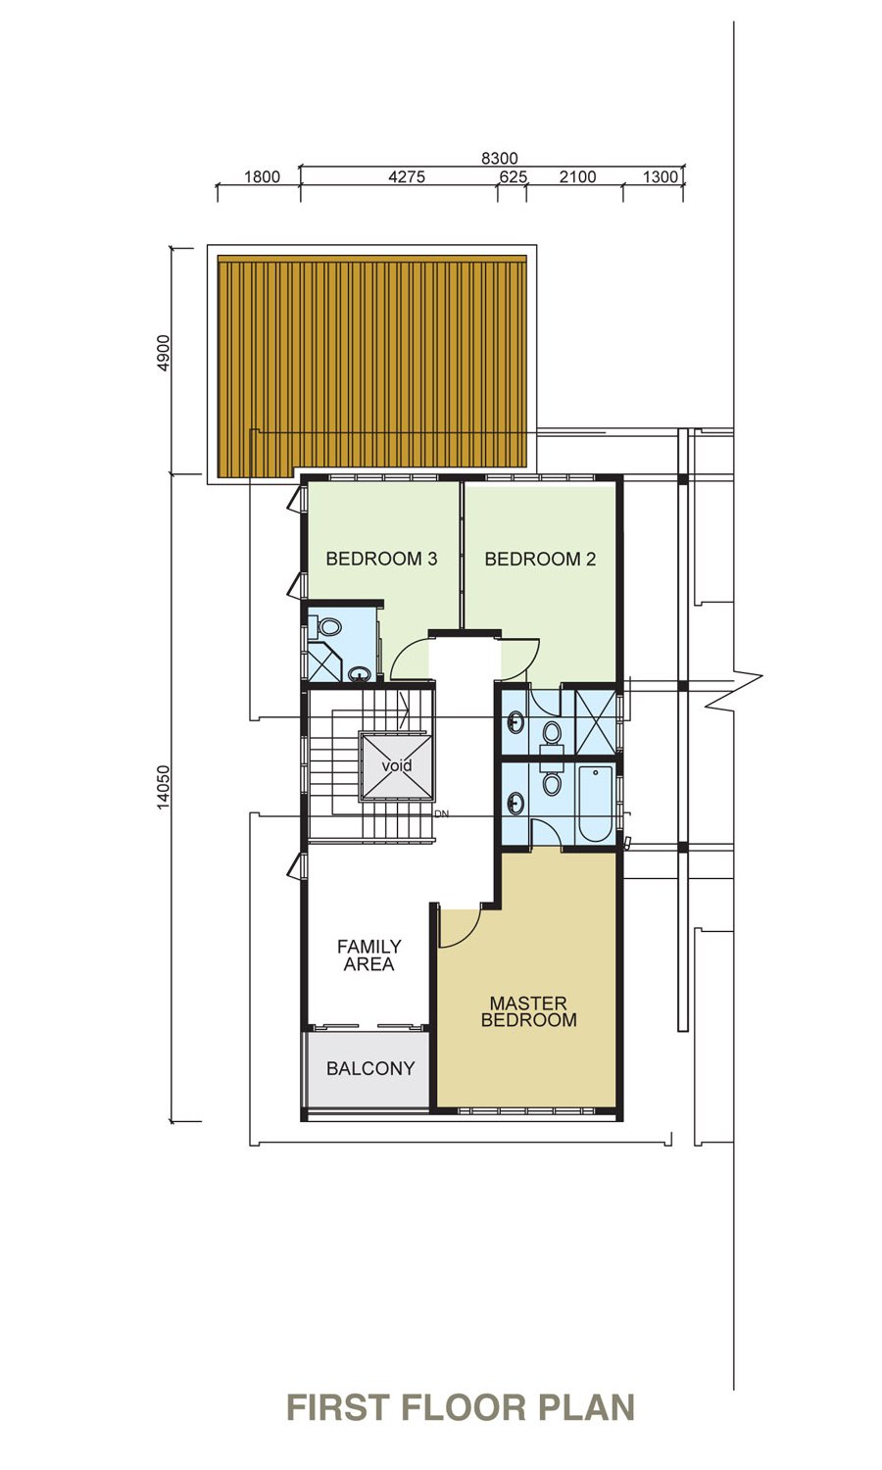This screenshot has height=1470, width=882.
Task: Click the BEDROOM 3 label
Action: (x=381, y=560)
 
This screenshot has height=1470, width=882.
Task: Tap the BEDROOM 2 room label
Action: (x=540, y=560)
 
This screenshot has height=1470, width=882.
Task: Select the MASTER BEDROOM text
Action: (x=529, y=1011)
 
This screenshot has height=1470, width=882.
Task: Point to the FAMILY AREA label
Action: (x=368, y=955)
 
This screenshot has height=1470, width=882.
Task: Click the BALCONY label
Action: (x=370, y=1068)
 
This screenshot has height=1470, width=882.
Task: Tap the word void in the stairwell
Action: (x=397, y=765)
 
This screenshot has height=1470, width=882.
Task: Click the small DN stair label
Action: (x=442, y=813)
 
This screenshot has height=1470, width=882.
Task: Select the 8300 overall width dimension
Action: (x=500, y=158)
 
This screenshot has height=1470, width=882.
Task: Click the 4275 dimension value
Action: (x=407, y=176)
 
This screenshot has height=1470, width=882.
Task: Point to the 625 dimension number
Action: (x=514, y=176)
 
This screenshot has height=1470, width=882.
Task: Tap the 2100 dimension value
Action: (x=577, y=176)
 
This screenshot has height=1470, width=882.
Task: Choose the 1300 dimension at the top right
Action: (x=660, y=176)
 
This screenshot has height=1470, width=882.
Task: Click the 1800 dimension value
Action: (x=262, y=176)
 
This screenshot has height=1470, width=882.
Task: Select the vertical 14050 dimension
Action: (x=164, y=787)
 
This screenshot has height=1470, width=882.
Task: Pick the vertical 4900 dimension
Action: (x=164, y=353)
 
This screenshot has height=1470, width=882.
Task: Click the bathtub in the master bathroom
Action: (x=595, y=804)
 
